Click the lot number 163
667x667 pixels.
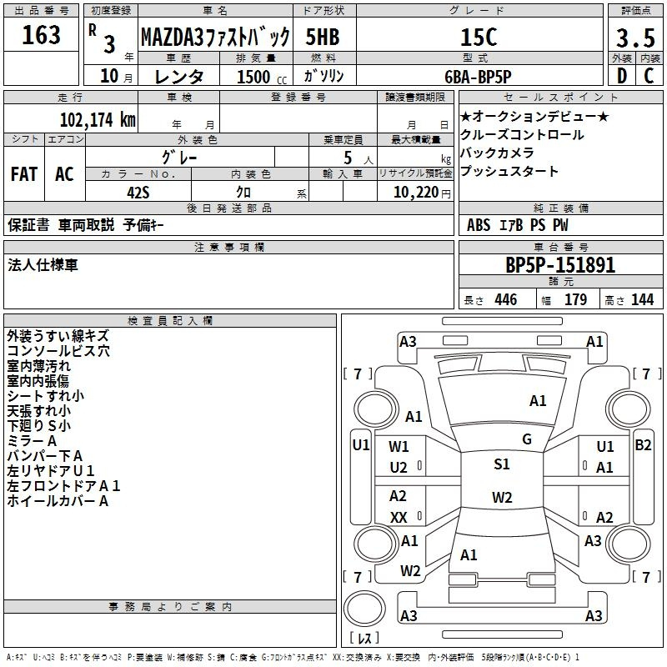click(x=41, y=35)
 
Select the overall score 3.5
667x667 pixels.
click(x=635, y=38)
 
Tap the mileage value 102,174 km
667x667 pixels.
click(x=98, y=119)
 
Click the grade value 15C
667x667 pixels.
click(x=479, y=37)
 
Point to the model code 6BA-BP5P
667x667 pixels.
click(x=478, y=77)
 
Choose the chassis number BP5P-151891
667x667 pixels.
click(x=560, y=265)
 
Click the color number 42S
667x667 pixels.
click(x=138, y=193)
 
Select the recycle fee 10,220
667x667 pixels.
click(x=416, y=193)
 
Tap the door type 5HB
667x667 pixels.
click(x=323, y=37)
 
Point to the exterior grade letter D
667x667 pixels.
click(x=622, y=76)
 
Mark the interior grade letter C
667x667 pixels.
click(x=649, y=76)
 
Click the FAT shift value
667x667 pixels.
click(x=24, y=174)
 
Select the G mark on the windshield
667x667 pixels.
click(x=527, y=439)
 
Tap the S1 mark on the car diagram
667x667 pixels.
click(x=502, y=464)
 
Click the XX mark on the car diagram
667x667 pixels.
click(x=399, y=517)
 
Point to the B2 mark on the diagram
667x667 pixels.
click(x=643, y=445)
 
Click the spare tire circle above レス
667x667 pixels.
click(x=364, y=608)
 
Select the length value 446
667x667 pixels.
click(x=506, y=299)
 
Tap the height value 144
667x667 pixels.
click(x=642, y=299)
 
